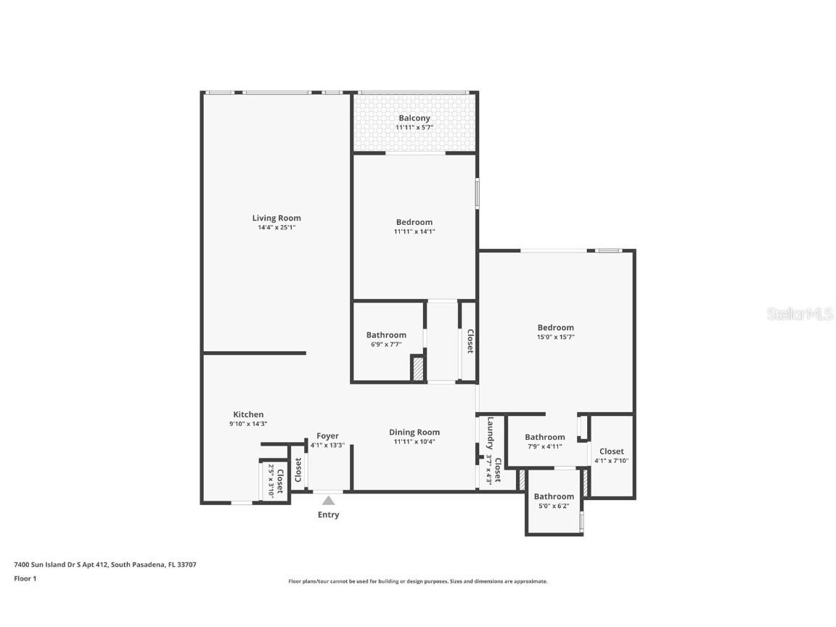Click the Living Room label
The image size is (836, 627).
[x=276, y=218]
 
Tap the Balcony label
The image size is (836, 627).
[x=414, y=118]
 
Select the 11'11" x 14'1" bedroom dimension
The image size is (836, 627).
[x=414, y=231]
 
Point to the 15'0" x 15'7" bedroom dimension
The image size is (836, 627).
[x=555, y=337]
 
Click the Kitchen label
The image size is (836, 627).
[x=248, y=414]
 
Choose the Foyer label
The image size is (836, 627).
[x=327, y=436]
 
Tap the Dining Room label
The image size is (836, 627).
[x=414, y=432]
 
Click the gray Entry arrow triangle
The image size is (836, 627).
[x=328, y=500]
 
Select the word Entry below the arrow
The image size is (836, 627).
[x=328, y=515]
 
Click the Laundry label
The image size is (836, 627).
[x=491, y=433]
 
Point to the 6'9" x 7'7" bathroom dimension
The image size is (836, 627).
[x=386, y=344]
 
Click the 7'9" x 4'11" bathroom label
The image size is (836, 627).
[x=544, y=437]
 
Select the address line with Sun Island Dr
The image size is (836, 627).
[x=105, y=564]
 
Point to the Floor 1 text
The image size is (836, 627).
[x=25, y=578]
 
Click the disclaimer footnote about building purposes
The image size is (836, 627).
[x=417, y=581]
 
